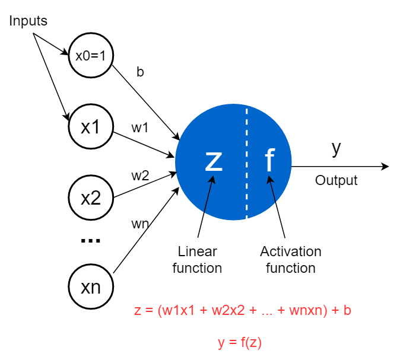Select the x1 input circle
click(x=90, y=127)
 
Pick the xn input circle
click(x=90, y=288)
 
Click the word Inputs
click(x=28, y=21)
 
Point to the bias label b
click(x=140, y=72)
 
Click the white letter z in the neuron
click(x=214, y=161)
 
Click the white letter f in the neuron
click(x=269, y=160)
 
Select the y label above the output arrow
click(x=337, y=148)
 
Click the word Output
click(x=337, y=180)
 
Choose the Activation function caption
click(x=291, y=260)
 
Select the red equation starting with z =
click(x=243, y=310)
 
